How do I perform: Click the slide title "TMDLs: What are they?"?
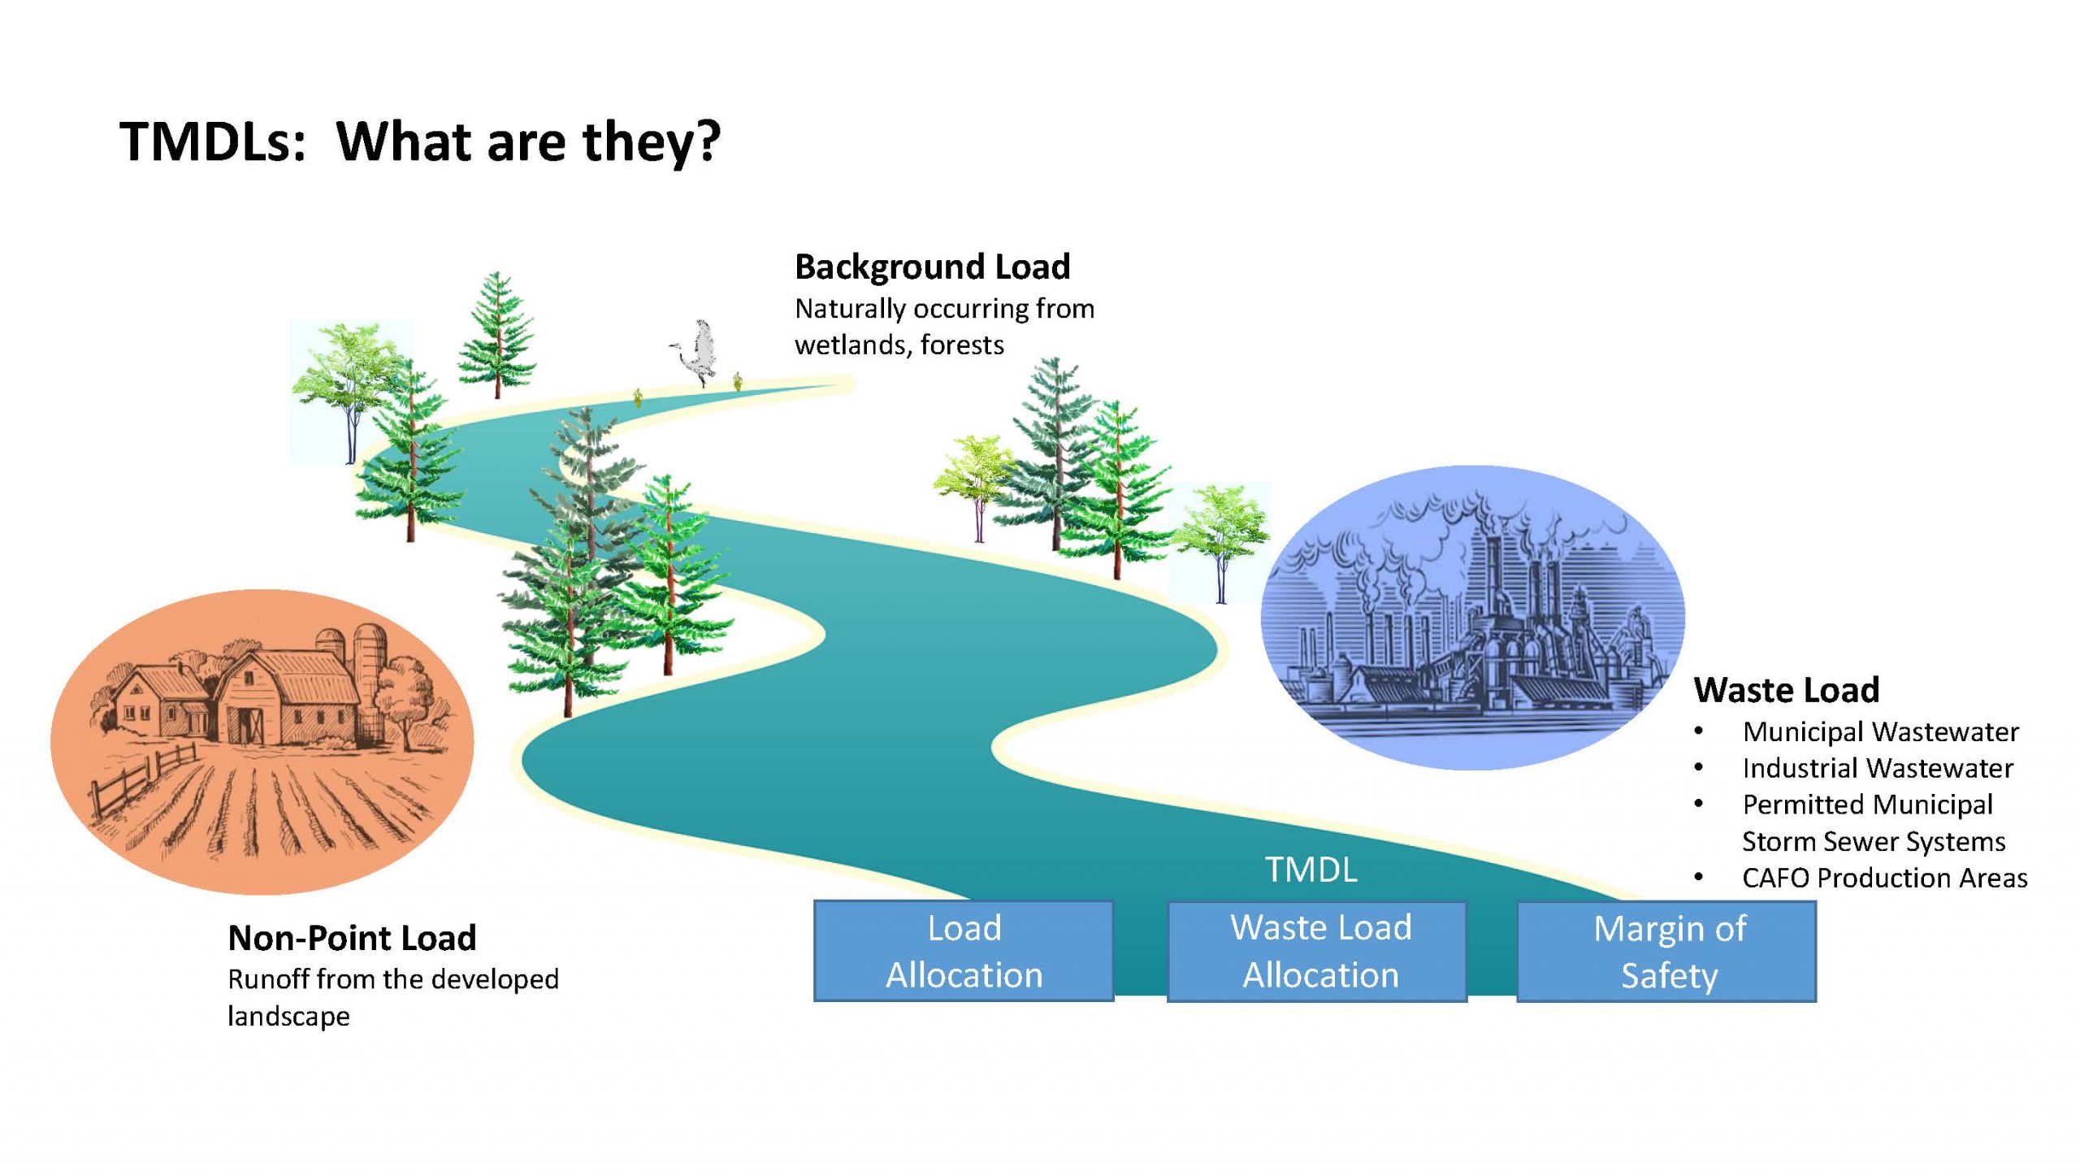pyautogui.click(x=419, y=141)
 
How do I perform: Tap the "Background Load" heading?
pyautogui.click(x=932, y=267)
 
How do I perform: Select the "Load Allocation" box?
pyautogui.click(x=964, y=951)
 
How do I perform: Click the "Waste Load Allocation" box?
pyautogui.click(x=1317, y=951)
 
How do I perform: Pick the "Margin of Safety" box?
pyautogui.click(x=1666, y=951)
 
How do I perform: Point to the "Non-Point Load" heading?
pyautogui.click(x=352, y=938)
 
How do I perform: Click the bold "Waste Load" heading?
pyautogui.click(x=1786, y=690)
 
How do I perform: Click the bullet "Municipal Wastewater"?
pyautogui.click(x=1880, y=732)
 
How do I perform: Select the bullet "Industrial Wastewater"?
pyautogui.click(x=1877, y=768)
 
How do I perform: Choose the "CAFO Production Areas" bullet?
pyautogui.click(x=1884, y=878)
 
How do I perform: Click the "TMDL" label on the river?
pyautogui.click(x=1311, y=870)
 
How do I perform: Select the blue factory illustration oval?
pyautogui.click(x=1472, y=618)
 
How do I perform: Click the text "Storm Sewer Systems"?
pyautogui.click(x=1874, y=841)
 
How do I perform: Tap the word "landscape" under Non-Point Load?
pyautogui.click(x=288, y=1016)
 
